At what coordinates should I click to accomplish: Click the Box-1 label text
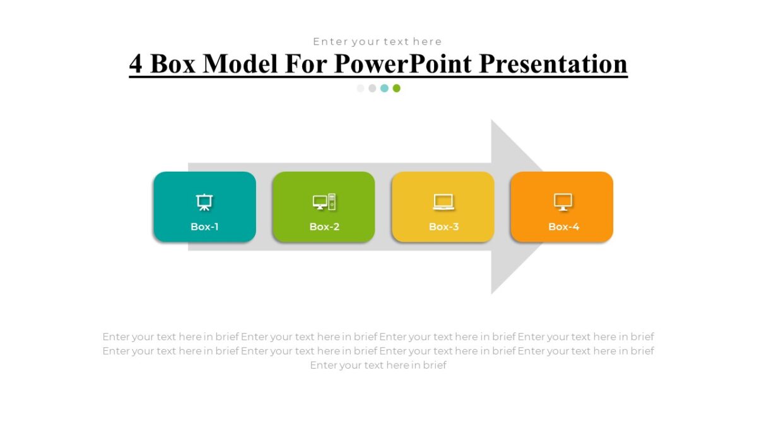click(204, 227)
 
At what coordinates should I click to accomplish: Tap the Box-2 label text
click(324, 227)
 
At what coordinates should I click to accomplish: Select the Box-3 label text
click(443, 227)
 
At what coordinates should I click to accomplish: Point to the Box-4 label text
click(563, 227)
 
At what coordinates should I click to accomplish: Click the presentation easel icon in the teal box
click(204, 202)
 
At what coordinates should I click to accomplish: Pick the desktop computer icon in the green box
click(324, 202)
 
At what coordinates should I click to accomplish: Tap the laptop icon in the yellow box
click(443, 202)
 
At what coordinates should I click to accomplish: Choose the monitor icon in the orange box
click(563, 202)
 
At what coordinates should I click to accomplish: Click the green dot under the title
click(396, 88)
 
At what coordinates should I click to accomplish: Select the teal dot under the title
click(384, 88)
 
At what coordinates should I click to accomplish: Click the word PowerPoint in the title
click(404, 64)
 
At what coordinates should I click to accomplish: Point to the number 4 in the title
click(136, 64)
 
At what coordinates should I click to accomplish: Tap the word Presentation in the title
click(553, 64)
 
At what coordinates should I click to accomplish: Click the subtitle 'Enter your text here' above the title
click(377, 42)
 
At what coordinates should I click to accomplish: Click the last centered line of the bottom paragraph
click(378, 365)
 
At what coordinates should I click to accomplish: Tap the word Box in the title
click(173, 64)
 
